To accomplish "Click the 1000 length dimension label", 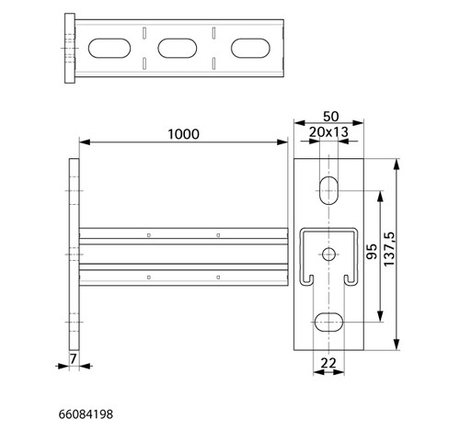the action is pyautogui.click(x=183, y=134).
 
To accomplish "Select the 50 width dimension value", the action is pyautogui.click(x=331, y=117).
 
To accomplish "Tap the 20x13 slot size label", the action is pyautogui.click(x=328, y=132).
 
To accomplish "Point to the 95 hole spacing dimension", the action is pyautogui.click(x=372, y=252).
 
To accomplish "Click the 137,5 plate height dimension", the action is pyautogui.click(x=389, y=249).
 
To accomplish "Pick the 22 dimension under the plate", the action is pyautogui.click(x=328, y=363).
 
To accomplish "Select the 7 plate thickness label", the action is pyautogui.click(x=73, y=359).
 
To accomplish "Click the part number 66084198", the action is pyautogui.click(x=86, y=414).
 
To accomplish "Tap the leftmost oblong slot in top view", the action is pyautogui.click(x=109, y=48).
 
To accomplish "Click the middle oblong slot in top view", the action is pyautogui.click(x=178, y=48).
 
